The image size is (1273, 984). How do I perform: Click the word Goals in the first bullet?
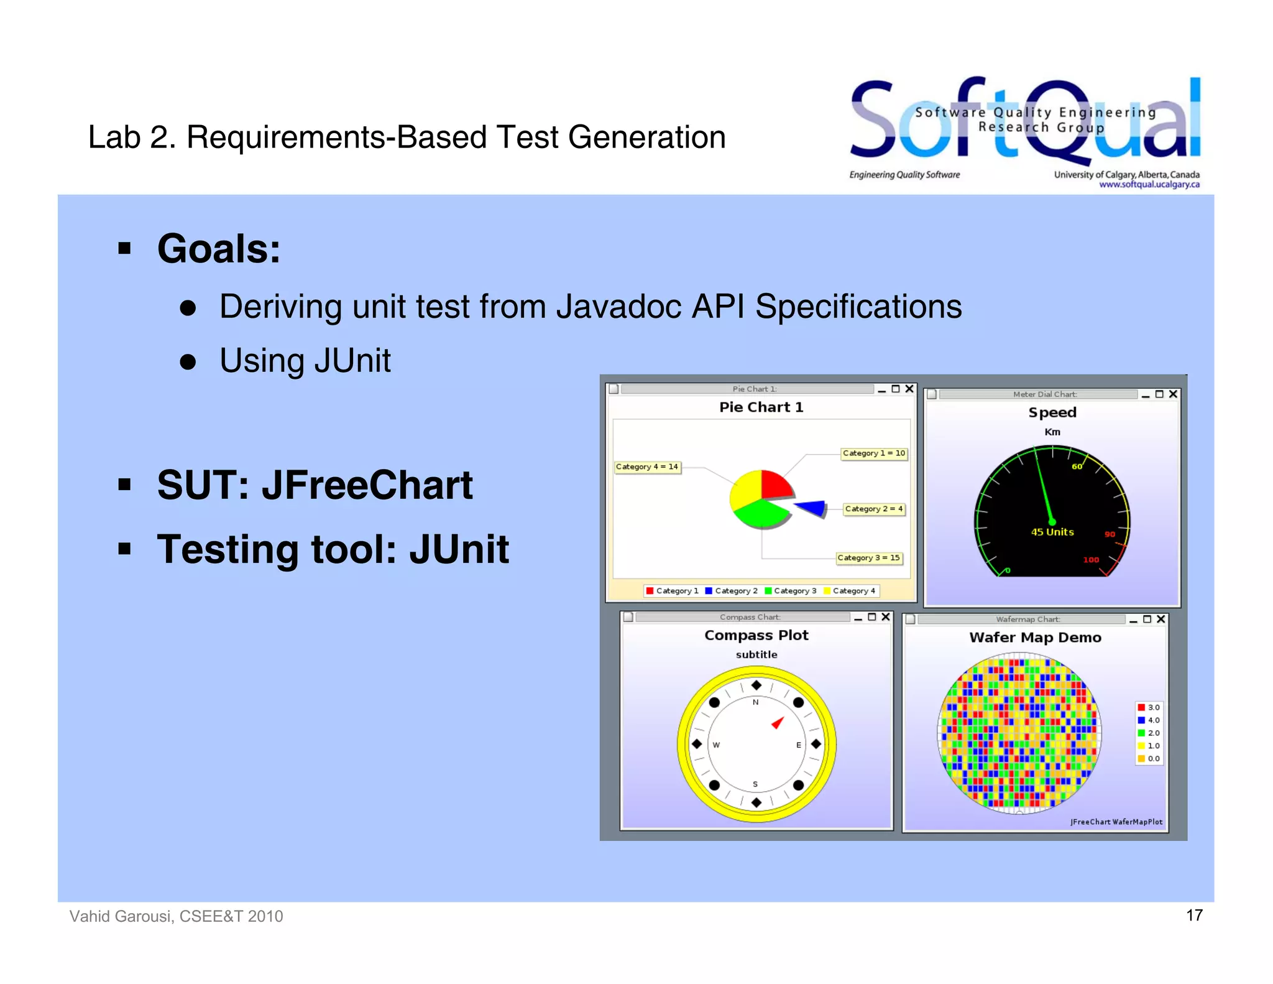pyautogui.click(x=218, y=249)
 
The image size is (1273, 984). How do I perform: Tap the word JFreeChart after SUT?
pyautogui.click(x=367, y=485)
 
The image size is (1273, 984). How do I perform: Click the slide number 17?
pyautogui.click(x=1194, y=915)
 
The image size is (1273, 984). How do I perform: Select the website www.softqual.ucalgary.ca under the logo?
pyautogui.click(x=1149, y=184)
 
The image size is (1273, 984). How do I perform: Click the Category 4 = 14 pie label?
pyautogui.click(x=646, y=466)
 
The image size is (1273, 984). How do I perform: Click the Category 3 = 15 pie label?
pyautogui.click(x=868, y=558)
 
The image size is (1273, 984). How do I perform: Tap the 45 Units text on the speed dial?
pyautogui.click(x=1052, y=532)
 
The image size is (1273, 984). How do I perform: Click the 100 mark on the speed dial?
pyautogui.click(x=1091, y=560)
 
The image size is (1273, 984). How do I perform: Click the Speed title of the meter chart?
pyautogui.click(x=1052, y=412)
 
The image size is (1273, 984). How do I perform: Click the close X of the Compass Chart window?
pyautogui.click(x=886, y=617)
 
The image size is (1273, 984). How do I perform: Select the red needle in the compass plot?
pyautogui.click(x=777, y=723)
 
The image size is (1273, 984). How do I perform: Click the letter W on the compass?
pyautogui.click(x=716, y=745)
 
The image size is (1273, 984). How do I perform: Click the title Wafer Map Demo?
pyautogui.click(x=1035, y=638)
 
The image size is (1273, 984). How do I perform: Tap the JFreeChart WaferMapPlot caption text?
pyautogui.click(x=1116, y=822)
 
